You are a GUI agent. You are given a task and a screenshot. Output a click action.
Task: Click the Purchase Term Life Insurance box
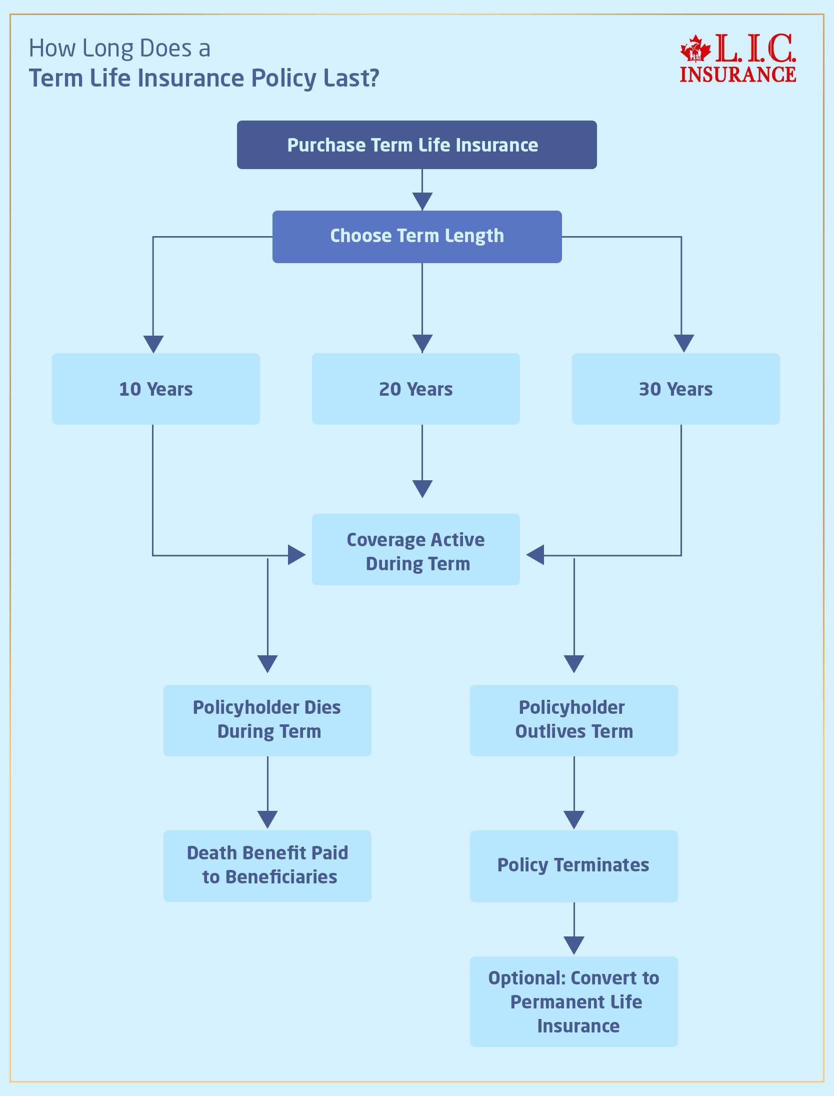pos(416,145)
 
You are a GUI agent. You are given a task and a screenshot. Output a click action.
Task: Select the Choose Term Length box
pos(416,237)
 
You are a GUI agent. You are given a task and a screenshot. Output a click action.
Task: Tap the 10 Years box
pos(155,389)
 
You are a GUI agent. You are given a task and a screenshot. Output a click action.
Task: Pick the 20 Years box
pos(415,389)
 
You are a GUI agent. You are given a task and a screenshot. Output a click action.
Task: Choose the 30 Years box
pos(675,389)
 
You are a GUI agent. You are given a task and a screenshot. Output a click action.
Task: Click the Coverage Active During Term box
pos(415,550)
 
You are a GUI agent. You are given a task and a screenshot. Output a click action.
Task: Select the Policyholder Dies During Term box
pos(267,720)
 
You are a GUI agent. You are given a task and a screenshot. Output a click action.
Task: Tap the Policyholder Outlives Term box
pos(573,720)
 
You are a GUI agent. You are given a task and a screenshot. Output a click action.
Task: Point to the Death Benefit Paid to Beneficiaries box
pos(267,866)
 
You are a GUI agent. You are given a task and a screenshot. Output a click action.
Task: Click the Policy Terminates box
pos(573,866)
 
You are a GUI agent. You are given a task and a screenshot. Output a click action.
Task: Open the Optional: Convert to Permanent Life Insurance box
pos(573,1001)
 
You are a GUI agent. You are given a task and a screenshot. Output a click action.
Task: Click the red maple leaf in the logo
pos(695,49)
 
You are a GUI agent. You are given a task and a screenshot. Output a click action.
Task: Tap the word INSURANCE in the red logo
pos(737,75)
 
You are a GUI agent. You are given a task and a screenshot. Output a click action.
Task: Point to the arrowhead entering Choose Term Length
pos(422,201)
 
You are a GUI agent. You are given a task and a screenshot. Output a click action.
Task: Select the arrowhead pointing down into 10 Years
pos(153,344)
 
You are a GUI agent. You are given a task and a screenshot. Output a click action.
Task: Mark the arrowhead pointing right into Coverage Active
pos(296,555)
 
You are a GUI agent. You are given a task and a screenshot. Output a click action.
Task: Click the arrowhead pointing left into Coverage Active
pos(535,555)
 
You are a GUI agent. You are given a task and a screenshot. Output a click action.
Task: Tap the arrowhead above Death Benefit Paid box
pos(267,819)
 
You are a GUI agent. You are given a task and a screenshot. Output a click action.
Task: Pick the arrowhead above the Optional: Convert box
pos(574,945)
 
